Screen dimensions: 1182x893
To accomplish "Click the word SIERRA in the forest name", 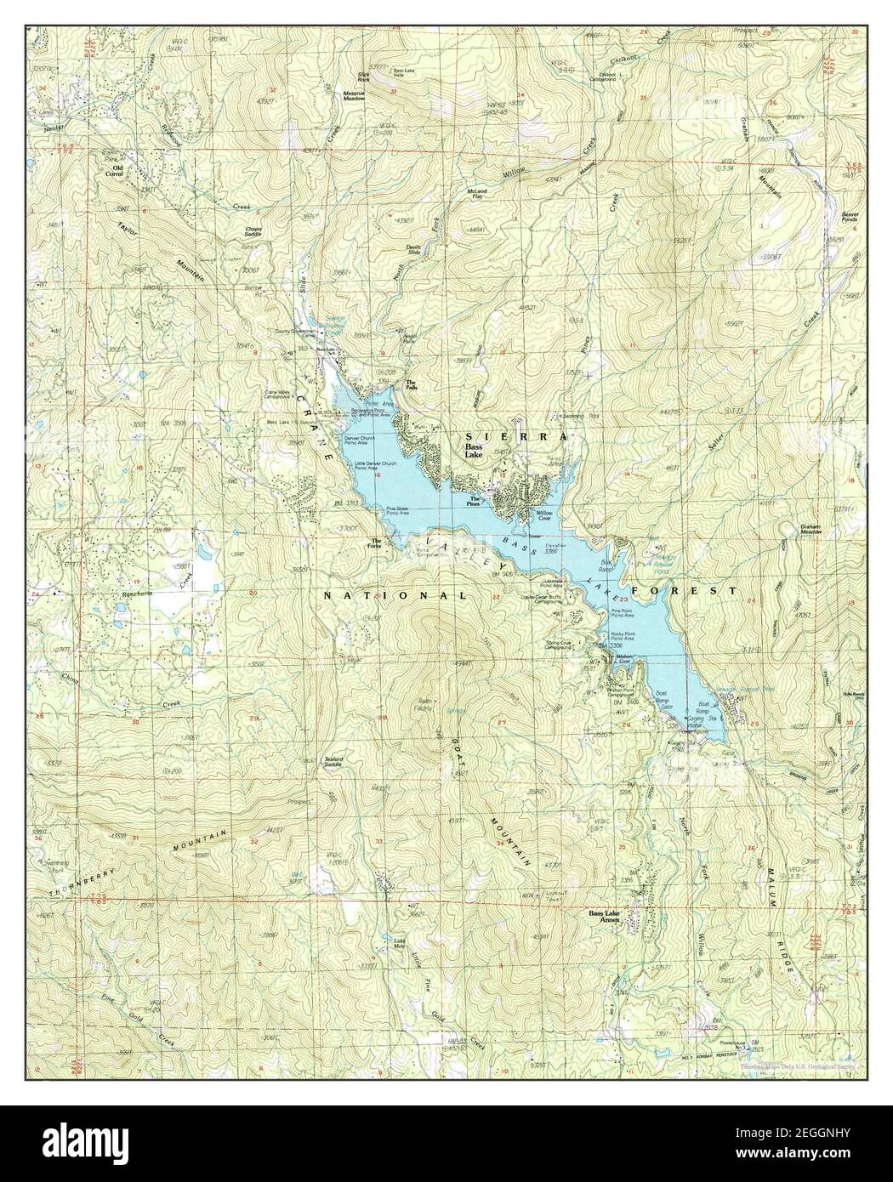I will tap(515, 435).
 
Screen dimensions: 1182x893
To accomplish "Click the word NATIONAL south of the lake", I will tap(395, 596).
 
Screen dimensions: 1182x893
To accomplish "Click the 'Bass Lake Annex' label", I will tap(607, 917).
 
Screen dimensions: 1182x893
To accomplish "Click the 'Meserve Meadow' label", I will tap(354, 96).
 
